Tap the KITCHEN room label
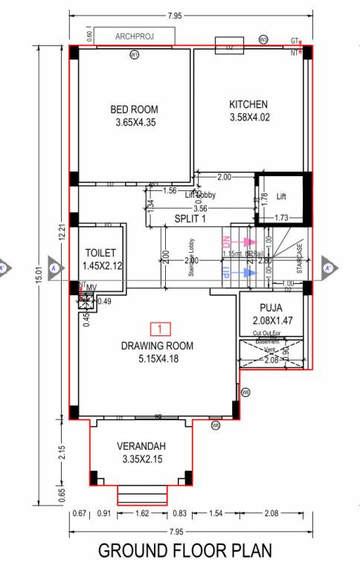248,104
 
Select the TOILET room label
100,253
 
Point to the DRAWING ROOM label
157,346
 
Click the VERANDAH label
141,446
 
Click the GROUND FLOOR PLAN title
185,551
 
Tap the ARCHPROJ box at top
134,36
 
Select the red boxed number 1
160,328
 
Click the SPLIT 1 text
190,219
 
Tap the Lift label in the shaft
281,196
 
